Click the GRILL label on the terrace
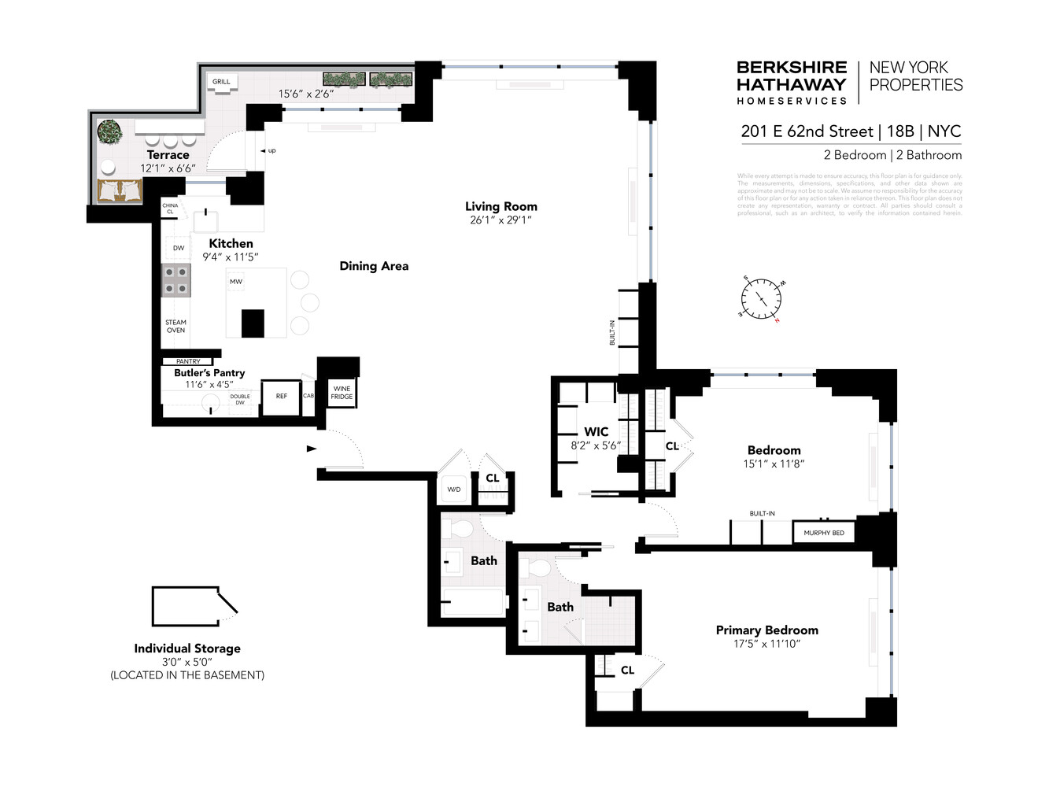pyautogui.click(x=221, y=81)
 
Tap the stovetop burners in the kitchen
pyautogui.click(x=175, y=281)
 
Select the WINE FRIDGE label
pyautogui.click(x=342, y=392)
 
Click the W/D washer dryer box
pyautogui.click(x=454, y=490)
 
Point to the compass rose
pyautogui.click(x=761, y=300)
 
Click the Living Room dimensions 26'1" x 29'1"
pyautogui.click(x=500, y=220)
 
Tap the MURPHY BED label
pyautogui.click(x=823, y=533)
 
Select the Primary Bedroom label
pyautogui.click(x=766, y=630)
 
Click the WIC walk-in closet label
pyautogui.click(x=596, y=431)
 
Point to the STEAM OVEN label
pyautogui.click(x=175, y=327)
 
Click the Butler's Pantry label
pyautogui.click(x=209, y=372)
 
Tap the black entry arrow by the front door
pyautogui.click(x=312, y=449)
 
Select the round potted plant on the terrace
pyautogui.click(x=109, y=131)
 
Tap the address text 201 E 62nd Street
pyautogui.click(x=807, y=131)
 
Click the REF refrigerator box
pyautogui.click(x=281, y=397)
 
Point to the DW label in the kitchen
pyautogui.click(x=179, y=248)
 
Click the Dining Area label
pyautogui.click(x=374, y=266)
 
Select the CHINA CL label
pyautogui.click(x=170, y=209)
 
